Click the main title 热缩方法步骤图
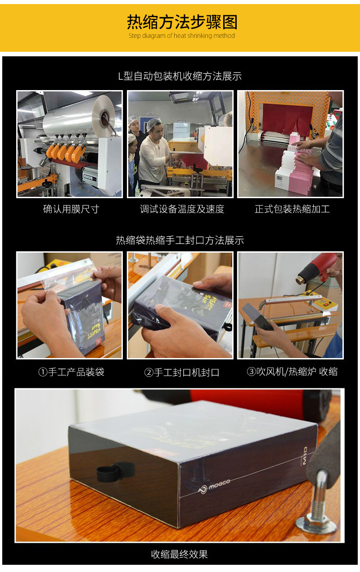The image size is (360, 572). pyautogui.click(x=181, y=22)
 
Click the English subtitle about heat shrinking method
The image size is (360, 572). pyautogui.click(x=181, y=36)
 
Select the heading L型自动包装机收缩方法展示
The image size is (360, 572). pyautogui.click(x=180, y=76)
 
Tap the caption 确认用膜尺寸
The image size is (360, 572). pyautogui.click(x=71, y=209)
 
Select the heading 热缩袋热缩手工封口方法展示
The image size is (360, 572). pyautogui.click(x=180, y=240)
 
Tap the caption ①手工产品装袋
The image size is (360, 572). pyautogui.click(x=71, y=372)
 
